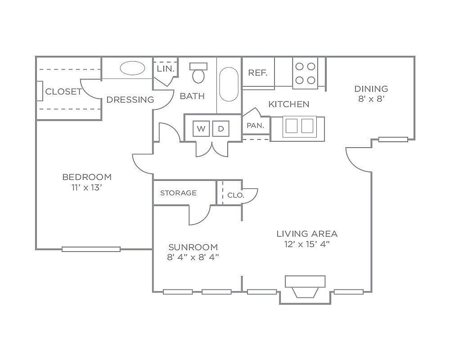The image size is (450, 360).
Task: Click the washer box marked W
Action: (201, 129)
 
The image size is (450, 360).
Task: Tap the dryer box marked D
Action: (220, 129)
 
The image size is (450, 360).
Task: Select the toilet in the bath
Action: (198, 73)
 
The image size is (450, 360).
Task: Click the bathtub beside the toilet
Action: (229, 84)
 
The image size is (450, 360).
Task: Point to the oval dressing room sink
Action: (132, 68)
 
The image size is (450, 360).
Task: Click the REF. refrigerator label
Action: (258, 73)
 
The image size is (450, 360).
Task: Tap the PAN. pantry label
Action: (255, 126)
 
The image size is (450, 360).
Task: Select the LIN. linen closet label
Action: (166, 68)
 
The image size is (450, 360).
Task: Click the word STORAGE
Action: (178, 193)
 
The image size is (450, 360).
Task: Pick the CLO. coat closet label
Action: (236, 195)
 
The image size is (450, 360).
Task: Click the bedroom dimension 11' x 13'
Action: (87, 188)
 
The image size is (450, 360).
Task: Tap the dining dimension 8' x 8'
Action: (371, 99)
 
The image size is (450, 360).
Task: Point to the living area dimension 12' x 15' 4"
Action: (307, 244)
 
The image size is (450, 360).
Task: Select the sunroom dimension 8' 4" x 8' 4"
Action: (193, 257)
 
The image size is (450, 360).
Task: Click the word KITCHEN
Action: (289, 104)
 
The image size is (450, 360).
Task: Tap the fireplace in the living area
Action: (305, 287)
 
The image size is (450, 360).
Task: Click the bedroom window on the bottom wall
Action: (91, 249)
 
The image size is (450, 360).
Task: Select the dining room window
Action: (393, 139)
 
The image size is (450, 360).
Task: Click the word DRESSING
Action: (130, 99)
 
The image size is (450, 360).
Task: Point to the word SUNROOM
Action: (193, 247)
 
